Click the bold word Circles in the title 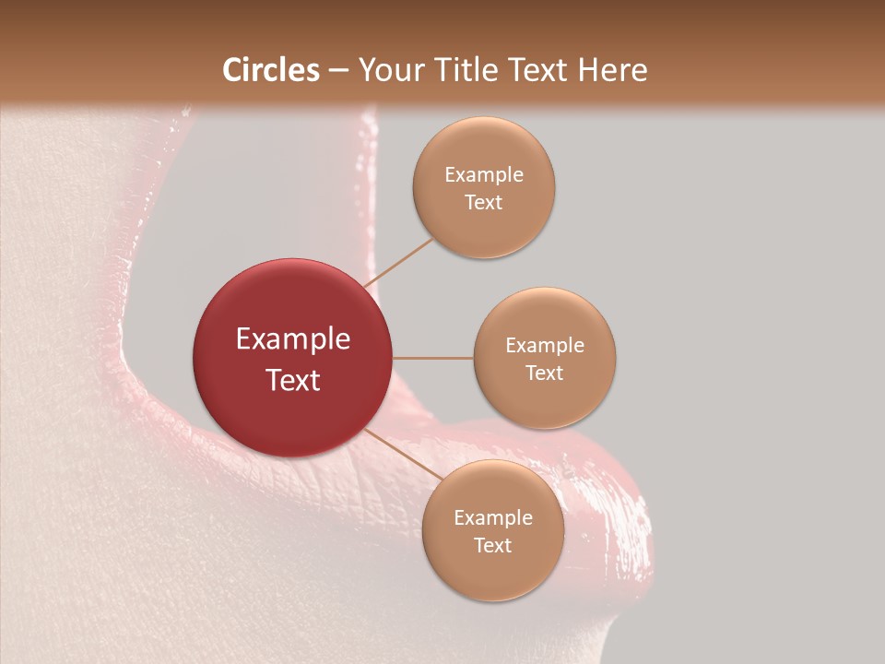(x=271, y=70)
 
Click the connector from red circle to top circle (x=398, y=262)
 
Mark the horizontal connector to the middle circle (x=432, y=358)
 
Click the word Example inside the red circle (x=293, y=339)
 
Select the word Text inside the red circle (x=293, y=380)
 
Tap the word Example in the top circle (x=484, y=175)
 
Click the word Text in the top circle (x=483, y=202)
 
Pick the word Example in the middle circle (x=545, y=346)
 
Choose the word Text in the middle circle (x=544, y=373)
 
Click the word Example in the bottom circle (x=493, y=518)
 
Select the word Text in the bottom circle (x=492, y=545)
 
